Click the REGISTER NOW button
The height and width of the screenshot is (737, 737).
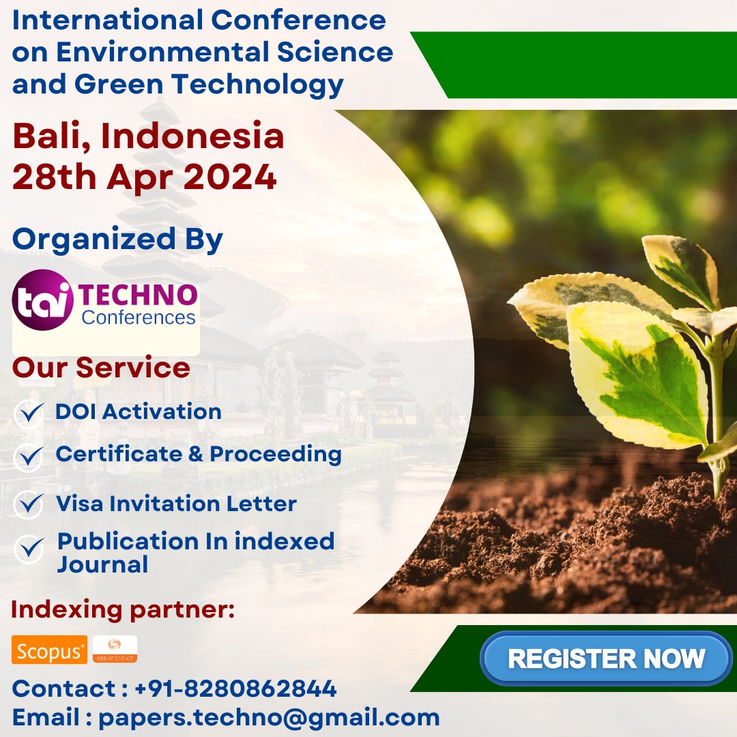pos(606,659)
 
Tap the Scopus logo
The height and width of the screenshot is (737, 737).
pos(49,650)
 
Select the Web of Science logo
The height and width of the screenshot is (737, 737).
pos(115,649)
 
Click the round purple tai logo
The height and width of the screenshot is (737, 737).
pos(42,300)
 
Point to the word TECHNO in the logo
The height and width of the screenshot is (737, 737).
pos(139,295)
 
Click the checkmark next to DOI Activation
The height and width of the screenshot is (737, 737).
pos(29,413)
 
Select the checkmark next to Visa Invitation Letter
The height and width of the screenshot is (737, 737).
pos(29,504)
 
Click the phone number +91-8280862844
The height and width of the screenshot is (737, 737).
pos(235,689)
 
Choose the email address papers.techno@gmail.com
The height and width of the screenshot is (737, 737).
pos(269,717)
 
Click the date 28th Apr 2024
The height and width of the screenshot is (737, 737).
pos(145,177)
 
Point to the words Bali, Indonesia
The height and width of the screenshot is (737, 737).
pos(148,136)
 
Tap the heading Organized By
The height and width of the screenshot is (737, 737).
pos(117,239)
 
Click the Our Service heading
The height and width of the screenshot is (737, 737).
pos(101,367)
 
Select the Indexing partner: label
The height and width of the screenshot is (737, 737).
pos(123,609)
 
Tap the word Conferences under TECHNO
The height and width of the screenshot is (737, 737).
pos(139,317)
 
